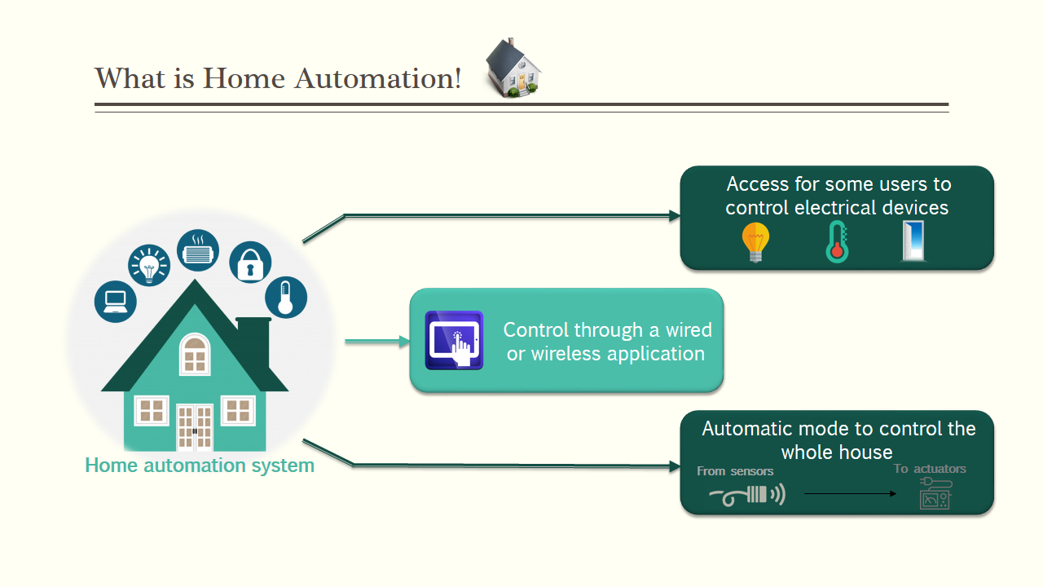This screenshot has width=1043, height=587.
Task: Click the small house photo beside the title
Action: [513, 68]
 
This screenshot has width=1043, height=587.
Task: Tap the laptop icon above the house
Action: [116, 302]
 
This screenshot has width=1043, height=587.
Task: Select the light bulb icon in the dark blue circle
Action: [149, 266]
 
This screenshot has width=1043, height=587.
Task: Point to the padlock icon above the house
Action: [250, 263]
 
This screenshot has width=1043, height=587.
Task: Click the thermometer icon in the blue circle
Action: [285, 298]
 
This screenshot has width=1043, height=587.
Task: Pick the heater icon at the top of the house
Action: [198, 249]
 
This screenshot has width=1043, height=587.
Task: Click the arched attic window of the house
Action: [195, 354]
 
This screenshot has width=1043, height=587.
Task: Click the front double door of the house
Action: [195, 427]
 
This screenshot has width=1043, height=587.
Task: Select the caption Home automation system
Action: [200, 466]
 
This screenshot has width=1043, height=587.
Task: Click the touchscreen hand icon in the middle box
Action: [455, 341]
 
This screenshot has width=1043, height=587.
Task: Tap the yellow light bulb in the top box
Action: [755, 242]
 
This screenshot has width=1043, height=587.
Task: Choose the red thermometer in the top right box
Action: [837, 242]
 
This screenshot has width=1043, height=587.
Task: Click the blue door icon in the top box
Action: [913, 242]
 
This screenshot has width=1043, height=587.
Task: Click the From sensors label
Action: [735, 471]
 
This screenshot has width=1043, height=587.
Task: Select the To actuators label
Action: [930, 469]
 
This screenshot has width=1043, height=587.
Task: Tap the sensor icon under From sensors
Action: [747, 495]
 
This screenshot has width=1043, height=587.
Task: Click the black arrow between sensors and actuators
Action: [850, 494]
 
